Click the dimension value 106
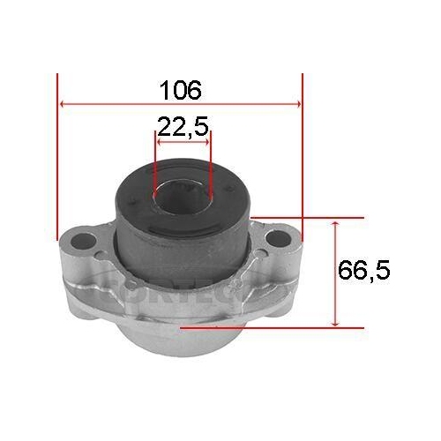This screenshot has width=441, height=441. [x=180, y=88]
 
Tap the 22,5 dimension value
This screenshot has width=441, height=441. [x=183, y=127]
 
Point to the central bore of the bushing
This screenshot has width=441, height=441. [x=183, y=190]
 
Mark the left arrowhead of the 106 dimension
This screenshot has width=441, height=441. [x=62, y=104]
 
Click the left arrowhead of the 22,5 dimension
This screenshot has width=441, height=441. [x=160, y=139]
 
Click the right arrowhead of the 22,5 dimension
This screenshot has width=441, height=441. [x=208, y=139]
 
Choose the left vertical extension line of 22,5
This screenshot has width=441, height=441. [x=155, y=163]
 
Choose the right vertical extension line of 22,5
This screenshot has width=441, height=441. [x=213, y=163]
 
